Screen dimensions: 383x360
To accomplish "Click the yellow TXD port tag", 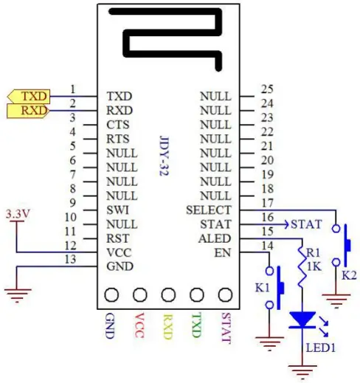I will click(28, 96).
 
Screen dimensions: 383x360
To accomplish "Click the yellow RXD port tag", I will click(27, 111).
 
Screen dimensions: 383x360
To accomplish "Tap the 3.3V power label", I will click(17, 214).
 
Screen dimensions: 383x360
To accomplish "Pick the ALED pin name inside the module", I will click(216, 238).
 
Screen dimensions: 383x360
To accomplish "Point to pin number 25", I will click(267, 89).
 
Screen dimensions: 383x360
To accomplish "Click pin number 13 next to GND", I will click(72, 259).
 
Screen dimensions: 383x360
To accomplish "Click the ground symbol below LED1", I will click(301, 368).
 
